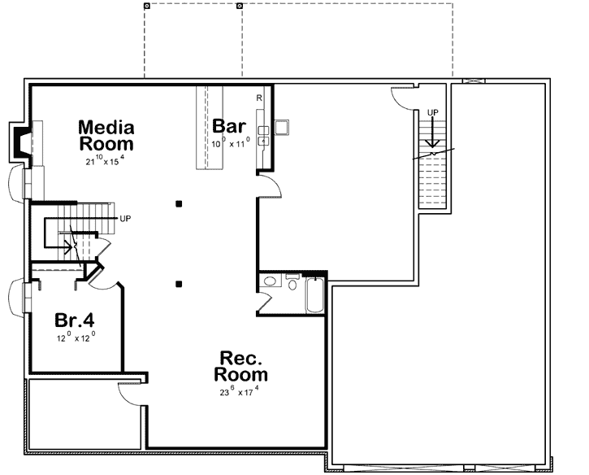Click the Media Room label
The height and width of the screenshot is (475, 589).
click(x=106, y=135)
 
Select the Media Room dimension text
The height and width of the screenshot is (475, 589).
click(x=106, y=160)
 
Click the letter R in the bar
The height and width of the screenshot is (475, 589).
click(x=258, y=98)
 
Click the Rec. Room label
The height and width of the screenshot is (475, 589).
click(x=240, y=366)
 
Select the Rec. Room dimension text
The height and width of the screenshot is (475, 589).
click(x=240, y=392)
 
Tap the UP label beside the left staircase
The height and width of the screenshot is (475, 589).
click(x=125, y=219)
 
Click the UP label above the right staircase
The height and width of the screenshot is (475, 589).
click(x=433, y=111)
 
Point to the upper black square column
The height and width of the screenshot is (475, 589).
click(x=179, y=203)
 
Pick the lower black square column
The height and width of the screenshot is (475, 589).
click(x=179, y=284)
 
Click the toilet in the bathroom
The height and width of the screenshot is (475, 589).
click(x=292, y=285)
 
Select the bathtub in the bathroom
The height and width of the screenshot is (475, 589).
click(x=315, y=295)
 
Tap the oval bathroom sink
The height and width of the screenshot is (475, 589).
click(x=270, y=282)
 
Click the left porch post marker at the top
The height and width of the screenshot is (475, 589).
click(x=146, y=6)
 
